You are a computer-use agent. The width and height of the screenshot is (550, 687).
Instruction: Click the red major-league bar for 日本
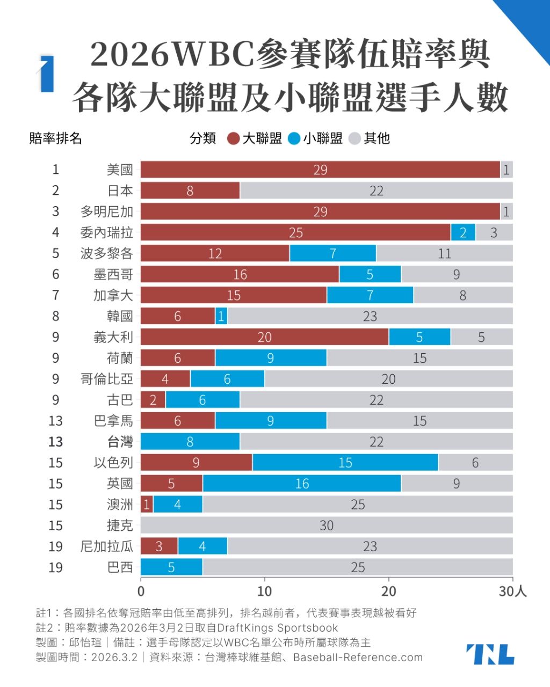click(x=190, y=191)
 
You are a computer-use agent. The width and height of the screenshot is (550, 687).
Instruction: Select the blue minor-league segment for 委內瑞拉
click(x=463, y=232)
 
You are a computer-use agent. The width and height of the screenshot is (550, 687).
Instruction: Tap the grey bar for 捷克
click(x=327, y=525)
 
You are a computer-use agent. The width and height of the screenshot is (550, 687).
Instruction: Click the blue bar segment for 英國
click(x=302, y=483)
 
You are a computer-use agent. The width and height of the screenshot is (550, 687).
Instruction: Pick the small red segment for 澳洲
click(x=147, y=505)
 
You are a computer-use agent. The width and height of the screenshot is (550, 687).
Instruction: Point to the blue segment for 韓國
click(x=221, y=316)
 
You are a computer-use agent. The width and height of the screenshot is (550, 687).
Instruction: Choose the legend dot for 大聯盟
click(x=233, y=138)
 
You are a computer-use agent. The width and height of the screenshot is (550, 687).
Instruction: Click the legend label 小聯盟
click(x=323, y=138)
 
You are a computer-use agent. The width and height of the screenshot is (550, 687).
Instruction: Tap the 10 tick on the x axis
click(x=264, y=591)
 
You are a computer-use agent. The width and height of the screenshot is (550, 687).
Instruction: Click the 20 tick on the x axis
click(x=388, y=591)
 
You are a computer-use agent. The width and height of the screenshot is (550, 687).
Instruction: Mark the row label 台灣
click(x=120, y=442)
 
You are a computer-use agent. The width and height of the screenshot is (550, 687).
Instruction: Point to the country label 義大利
click(x=113, y=337)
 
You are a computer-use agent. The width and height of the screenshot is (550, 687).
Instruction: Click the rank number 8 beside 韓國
click(x=56, y=316)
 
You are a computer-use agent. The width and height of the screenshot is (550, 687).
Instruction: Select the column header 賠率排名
click(x=55, y=138)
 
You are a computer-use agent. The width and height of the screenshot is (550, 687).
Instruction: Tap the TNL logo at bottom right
click(x=490, y=654)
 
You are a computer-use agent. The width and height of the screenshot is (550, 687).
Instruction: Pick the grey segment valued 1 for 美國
click(x=506, y=170)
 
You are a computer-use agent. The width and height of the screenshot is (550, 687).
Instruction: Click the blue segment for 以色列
click(x=345, y=462)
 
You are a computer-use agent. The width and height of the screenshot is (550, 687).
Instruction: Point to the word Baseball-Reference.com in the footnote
click(x=358, y=657)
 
